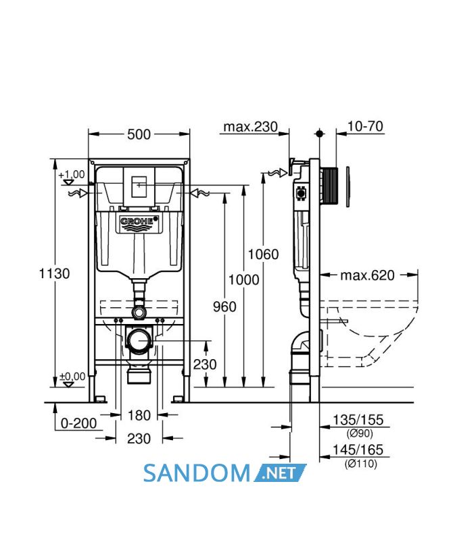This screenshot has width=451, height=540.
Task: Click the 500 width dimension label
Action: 139,134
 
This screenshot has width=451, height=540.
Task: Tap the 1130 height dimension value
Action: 54,274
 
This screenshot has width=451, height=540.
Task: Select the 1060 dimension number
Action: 263,254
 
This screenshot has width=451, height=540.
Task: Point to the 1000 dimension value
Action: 243,279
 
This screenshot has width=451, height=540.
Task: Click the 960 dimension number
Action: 224,306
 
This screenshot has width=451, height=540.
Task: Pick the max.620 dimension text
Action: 367,275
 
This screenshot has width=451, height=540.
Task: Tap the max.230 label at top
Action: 250,127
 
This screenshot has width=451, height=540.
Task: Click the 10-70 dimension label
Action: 365,126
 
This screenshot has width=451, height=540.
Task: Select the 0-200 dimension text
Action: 78,423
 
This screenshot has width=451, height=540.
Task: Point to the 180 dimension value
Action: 139,415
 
